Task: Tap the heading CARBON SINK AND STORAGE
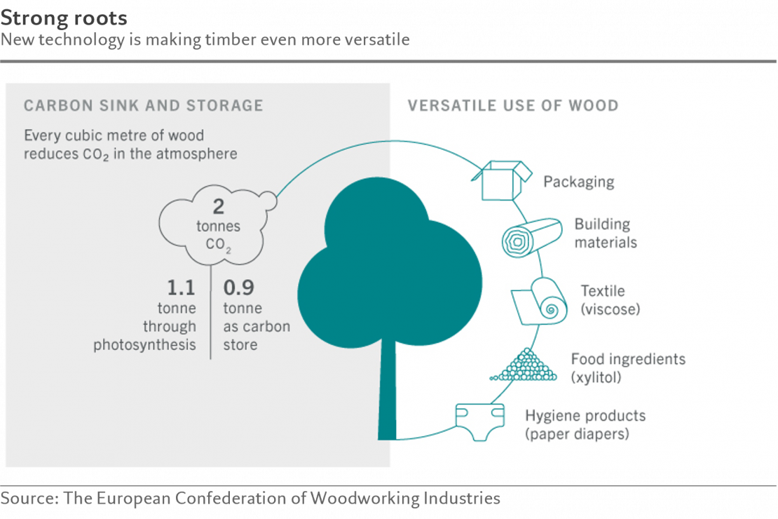(x=143, y=106)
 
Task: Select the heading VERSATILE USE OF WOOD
(x=513, y=106)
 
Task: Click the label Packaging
(x=579, y=182)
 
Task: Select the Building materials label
(x=605, y=234)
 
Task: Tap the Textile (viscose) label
(x=609, y=299)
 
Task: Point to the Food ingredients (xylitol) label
(x=627, y=368)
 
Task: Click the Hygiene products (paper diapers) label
(x=585, y=424)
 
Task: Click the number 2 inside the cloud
(x=219, y=206)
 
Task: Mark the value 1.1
(x=181, y=288)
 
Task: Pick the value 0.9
(x=238, y=288)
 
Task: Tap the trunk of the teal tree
(x=388, y=393)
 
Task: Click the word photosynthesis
(x=144, y=345)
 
